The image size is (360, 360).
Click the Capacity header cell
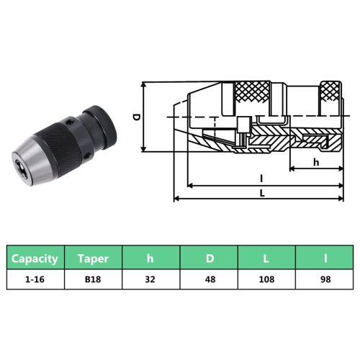35,257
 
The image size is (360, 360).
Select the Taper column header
93,257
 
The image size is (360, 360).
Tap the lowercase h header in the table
150,257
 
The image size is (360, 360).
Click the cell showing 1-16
35,280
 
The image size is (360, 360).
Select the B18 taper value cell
93,280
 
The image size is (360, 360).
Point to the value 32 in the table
150,280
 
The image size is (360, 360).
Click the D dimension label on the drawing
136,116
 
